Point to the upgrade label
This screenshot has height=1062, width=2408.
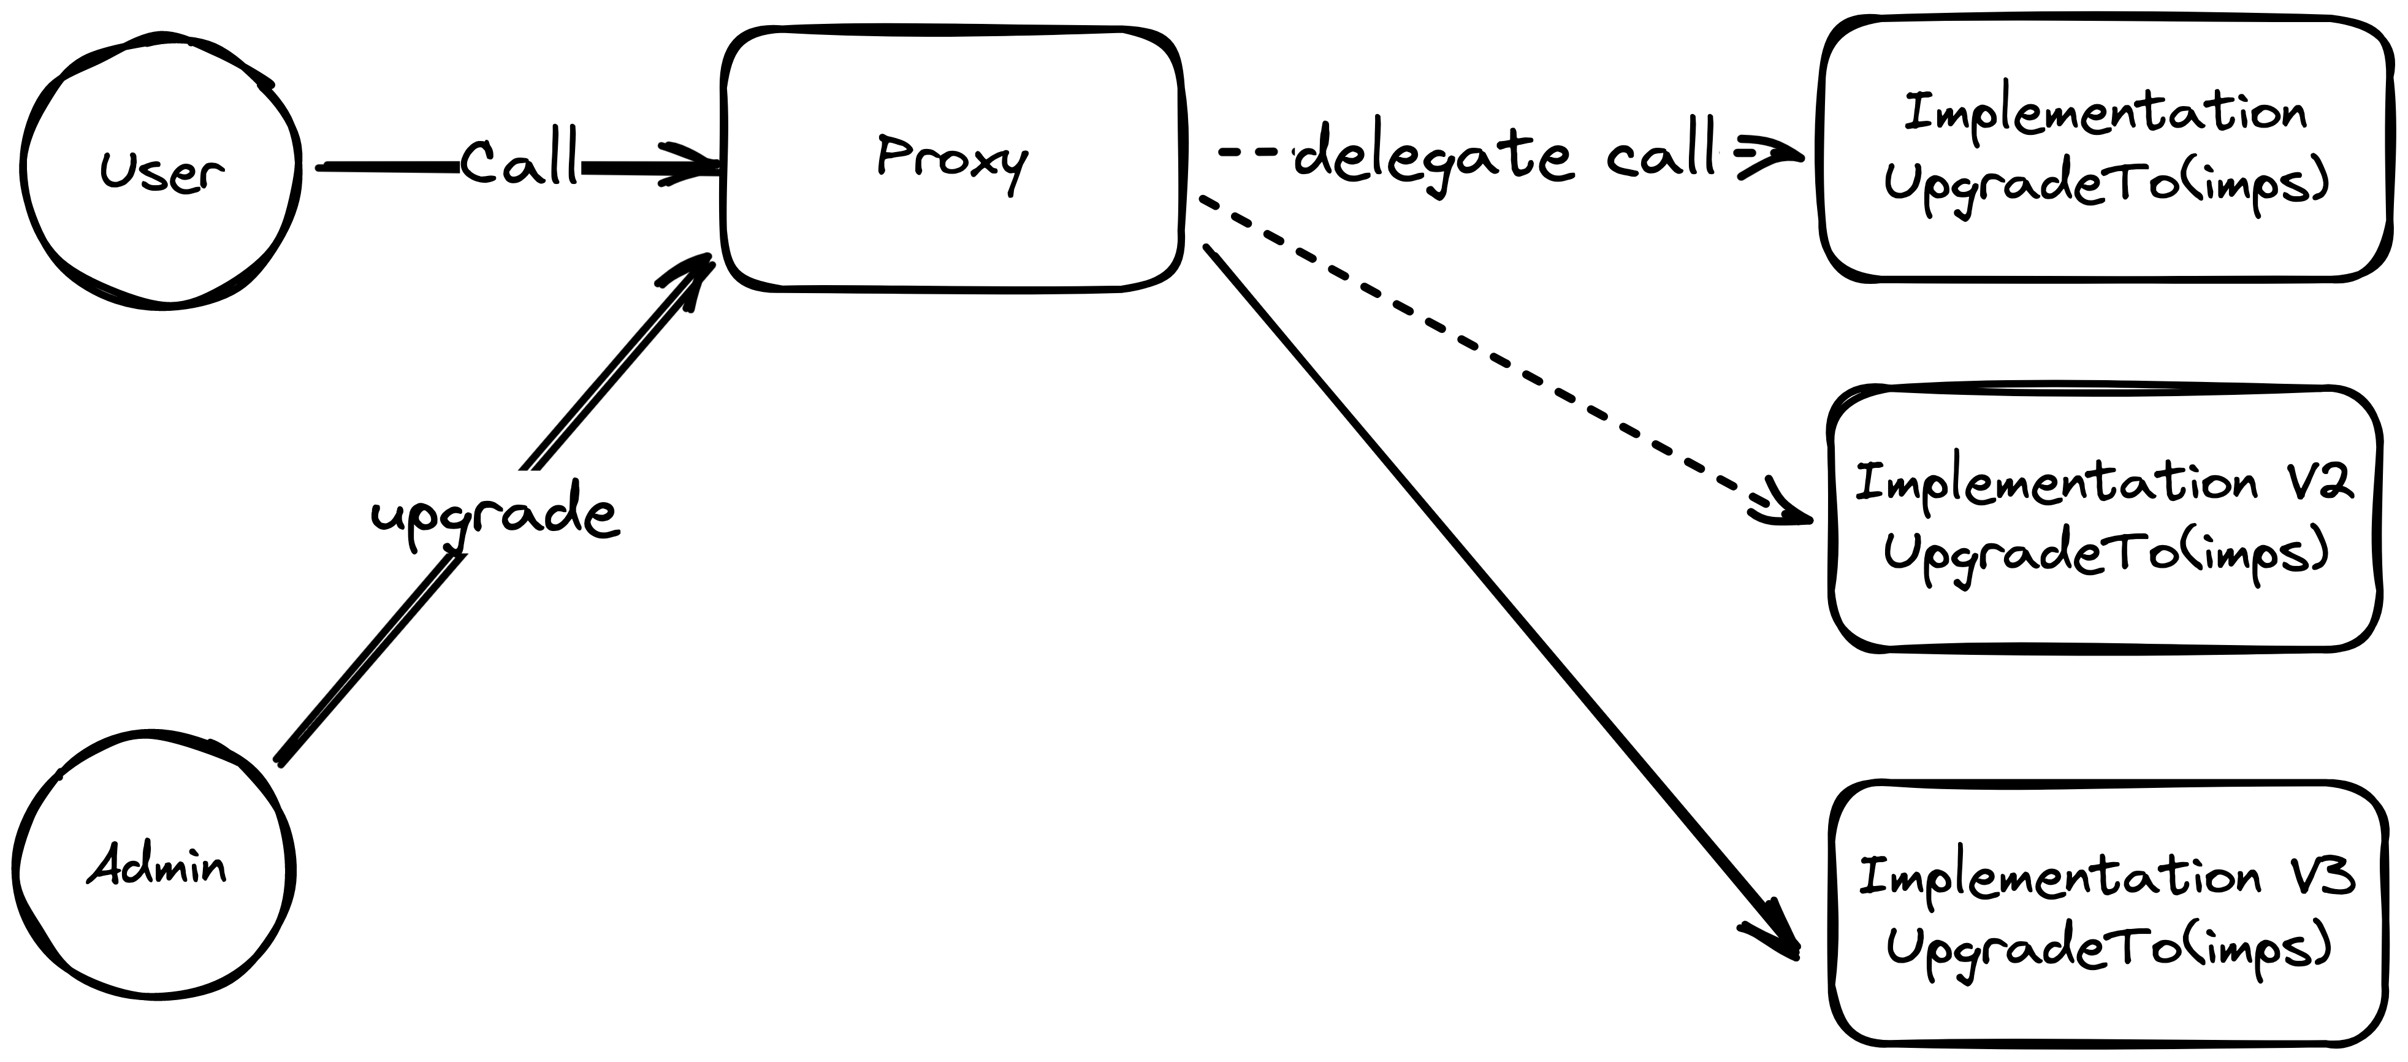(493, 514)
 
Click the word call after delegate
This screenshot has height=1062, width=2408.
(1662, 155)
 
